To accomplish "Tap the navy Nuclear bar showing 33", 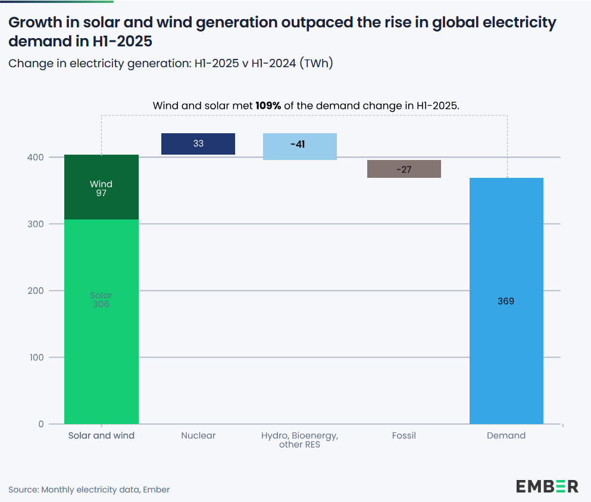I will click(198, 144).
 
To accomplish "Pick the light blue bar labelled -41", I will click(299, 146).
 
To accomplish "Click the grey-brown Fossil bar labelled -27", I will click(404, 169).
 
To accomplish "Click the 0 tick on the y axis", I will click(41, 424).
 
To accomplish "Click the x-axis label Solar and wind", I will click(101, 435).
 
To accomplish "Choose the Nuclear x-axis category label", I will click(198, 435).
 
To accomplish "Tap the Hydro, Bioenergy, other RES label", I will click(299, 440).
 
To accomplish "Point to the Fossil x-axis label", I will click(404, 435).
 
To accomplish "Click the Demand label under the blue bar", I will click(506, 435).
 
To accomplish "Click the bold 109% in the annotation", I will click(268, 105).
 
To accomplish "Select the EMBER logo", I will click(547, 486).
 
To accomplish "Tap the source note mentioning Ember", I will click(89, 490).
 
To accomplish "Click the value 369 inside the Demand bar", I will click(506, 301).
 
